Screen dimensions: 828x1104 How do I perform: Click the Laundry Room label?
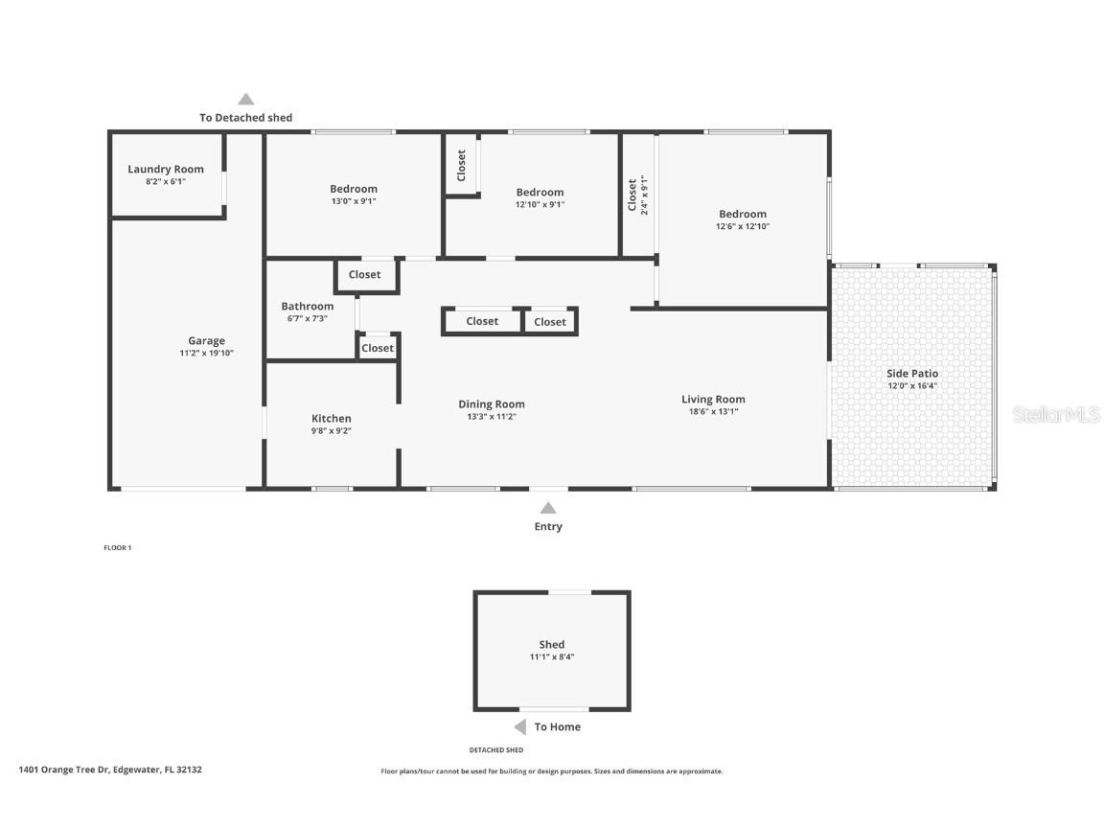tap(166, 170)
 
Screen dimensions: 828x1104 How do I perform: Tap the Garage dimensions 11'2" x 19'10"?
tap(206, 354)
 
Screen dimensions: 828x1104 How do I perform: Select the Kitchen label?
tap(332, 419)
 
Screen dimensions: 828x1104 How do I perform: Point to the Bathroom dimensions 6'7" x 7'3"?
tap(307, 319)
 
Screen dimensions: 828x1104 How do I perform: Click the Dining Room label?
tap(492, 404)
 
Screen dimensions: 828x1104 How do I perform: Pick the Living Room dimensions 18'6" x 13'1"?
tap(713, 412)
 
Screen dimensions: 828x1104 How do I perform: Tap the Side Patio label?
tap(912, 374)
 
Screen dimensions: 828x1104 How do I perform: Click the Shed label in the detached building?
tap(552, 645)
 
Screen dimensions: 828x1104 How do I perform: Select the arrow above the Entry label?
tap(548, 508)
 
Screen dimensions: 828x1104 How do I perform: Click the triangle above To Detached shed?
tap(246, 99)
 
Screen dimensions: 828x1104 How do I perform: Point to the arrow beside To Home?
tap(520, 726)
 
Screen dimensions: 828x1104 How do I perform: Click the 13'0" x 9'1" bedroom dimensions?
tap(354, 202)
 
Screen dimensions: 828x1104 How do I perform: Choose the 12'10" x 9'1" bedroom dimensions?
tap(540, 205)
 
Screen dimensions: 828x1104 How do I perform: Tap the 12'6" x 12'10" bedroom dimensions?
tap(743, 227)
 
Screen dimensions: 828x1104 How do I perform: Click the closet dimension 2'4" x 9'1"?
tap(645, 195)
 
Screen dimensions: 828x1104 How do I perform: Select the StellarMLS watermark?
tap(1056, 415)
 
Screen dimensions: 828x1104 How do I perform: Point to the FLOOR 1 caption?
tap(117, 548)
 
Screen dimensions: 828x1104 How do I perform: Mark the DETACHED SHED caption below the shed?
tap(495, 750)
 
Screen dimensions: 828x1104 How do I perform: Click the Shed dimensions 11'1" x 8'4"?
tap(552, 657)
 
